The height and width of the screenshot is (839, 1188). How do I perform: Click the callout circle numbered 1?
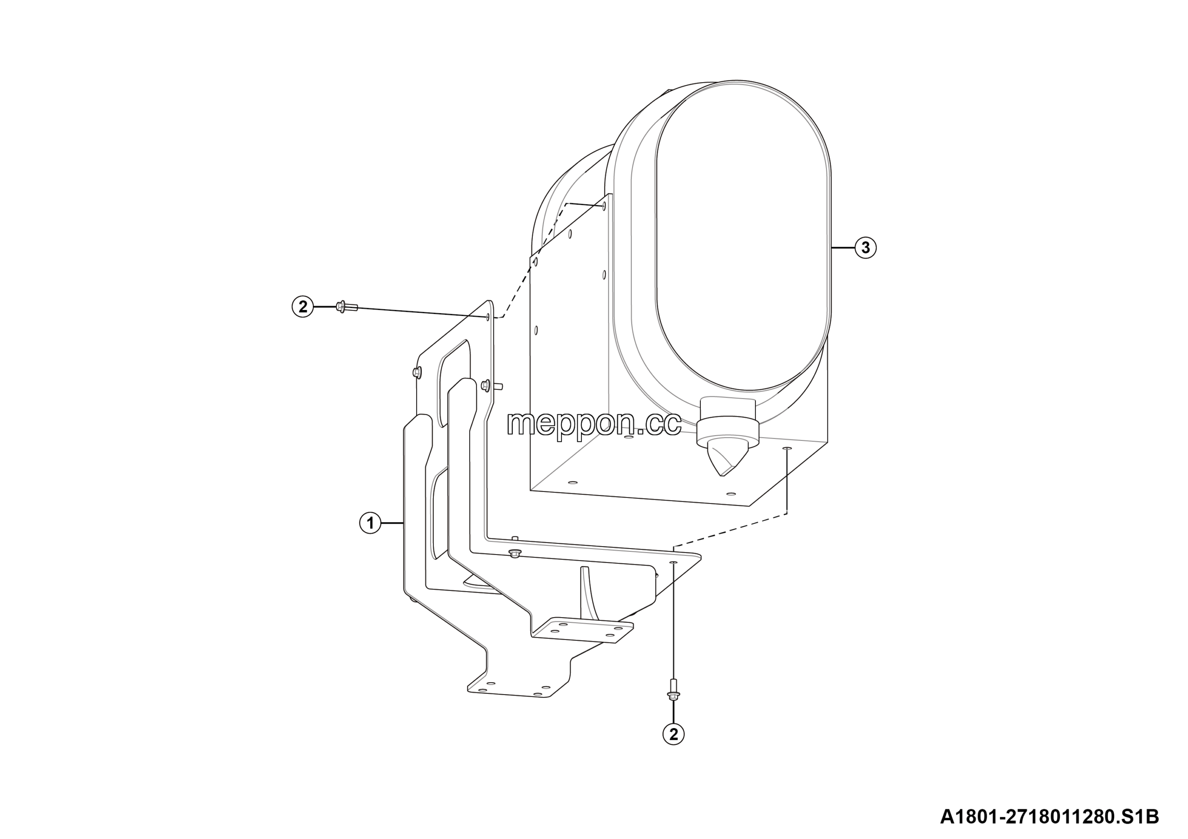click(x=370, y=523)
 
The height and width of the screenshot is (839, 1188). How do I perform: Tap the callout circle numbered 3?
click(x=865, y=248)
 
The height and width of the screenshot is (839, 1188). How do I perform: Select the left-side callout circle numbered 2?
click(x=303, y=307)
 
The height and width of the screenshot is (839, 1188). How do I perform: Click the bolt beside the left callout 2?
click(x=347, y=307)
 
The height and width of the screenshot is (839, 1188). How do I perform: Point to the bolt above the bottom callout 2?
click(x=673, y=689)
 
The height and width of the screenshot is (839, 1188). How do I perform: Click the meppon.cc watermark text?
click(x=594, y=424)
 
